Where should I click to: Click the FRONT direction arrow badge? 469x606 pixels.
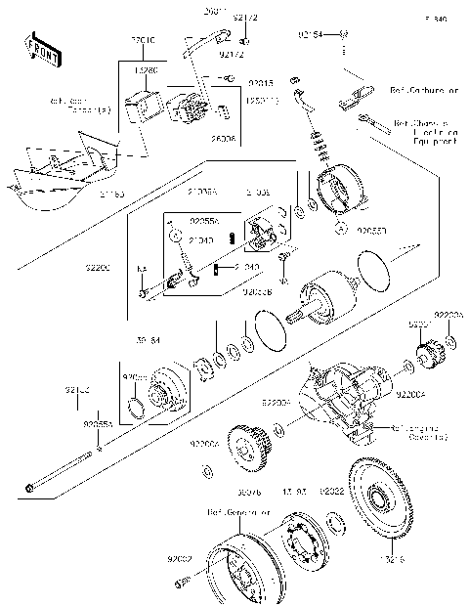[x=36, y=50]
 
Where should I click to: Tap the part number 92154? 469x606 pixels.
[x=310, y=35]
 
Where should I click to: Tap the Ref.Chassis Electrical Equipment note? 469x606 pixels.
[x=426, y=132]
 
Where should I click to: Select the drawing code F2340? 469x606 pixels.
[x=435, y=19]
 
